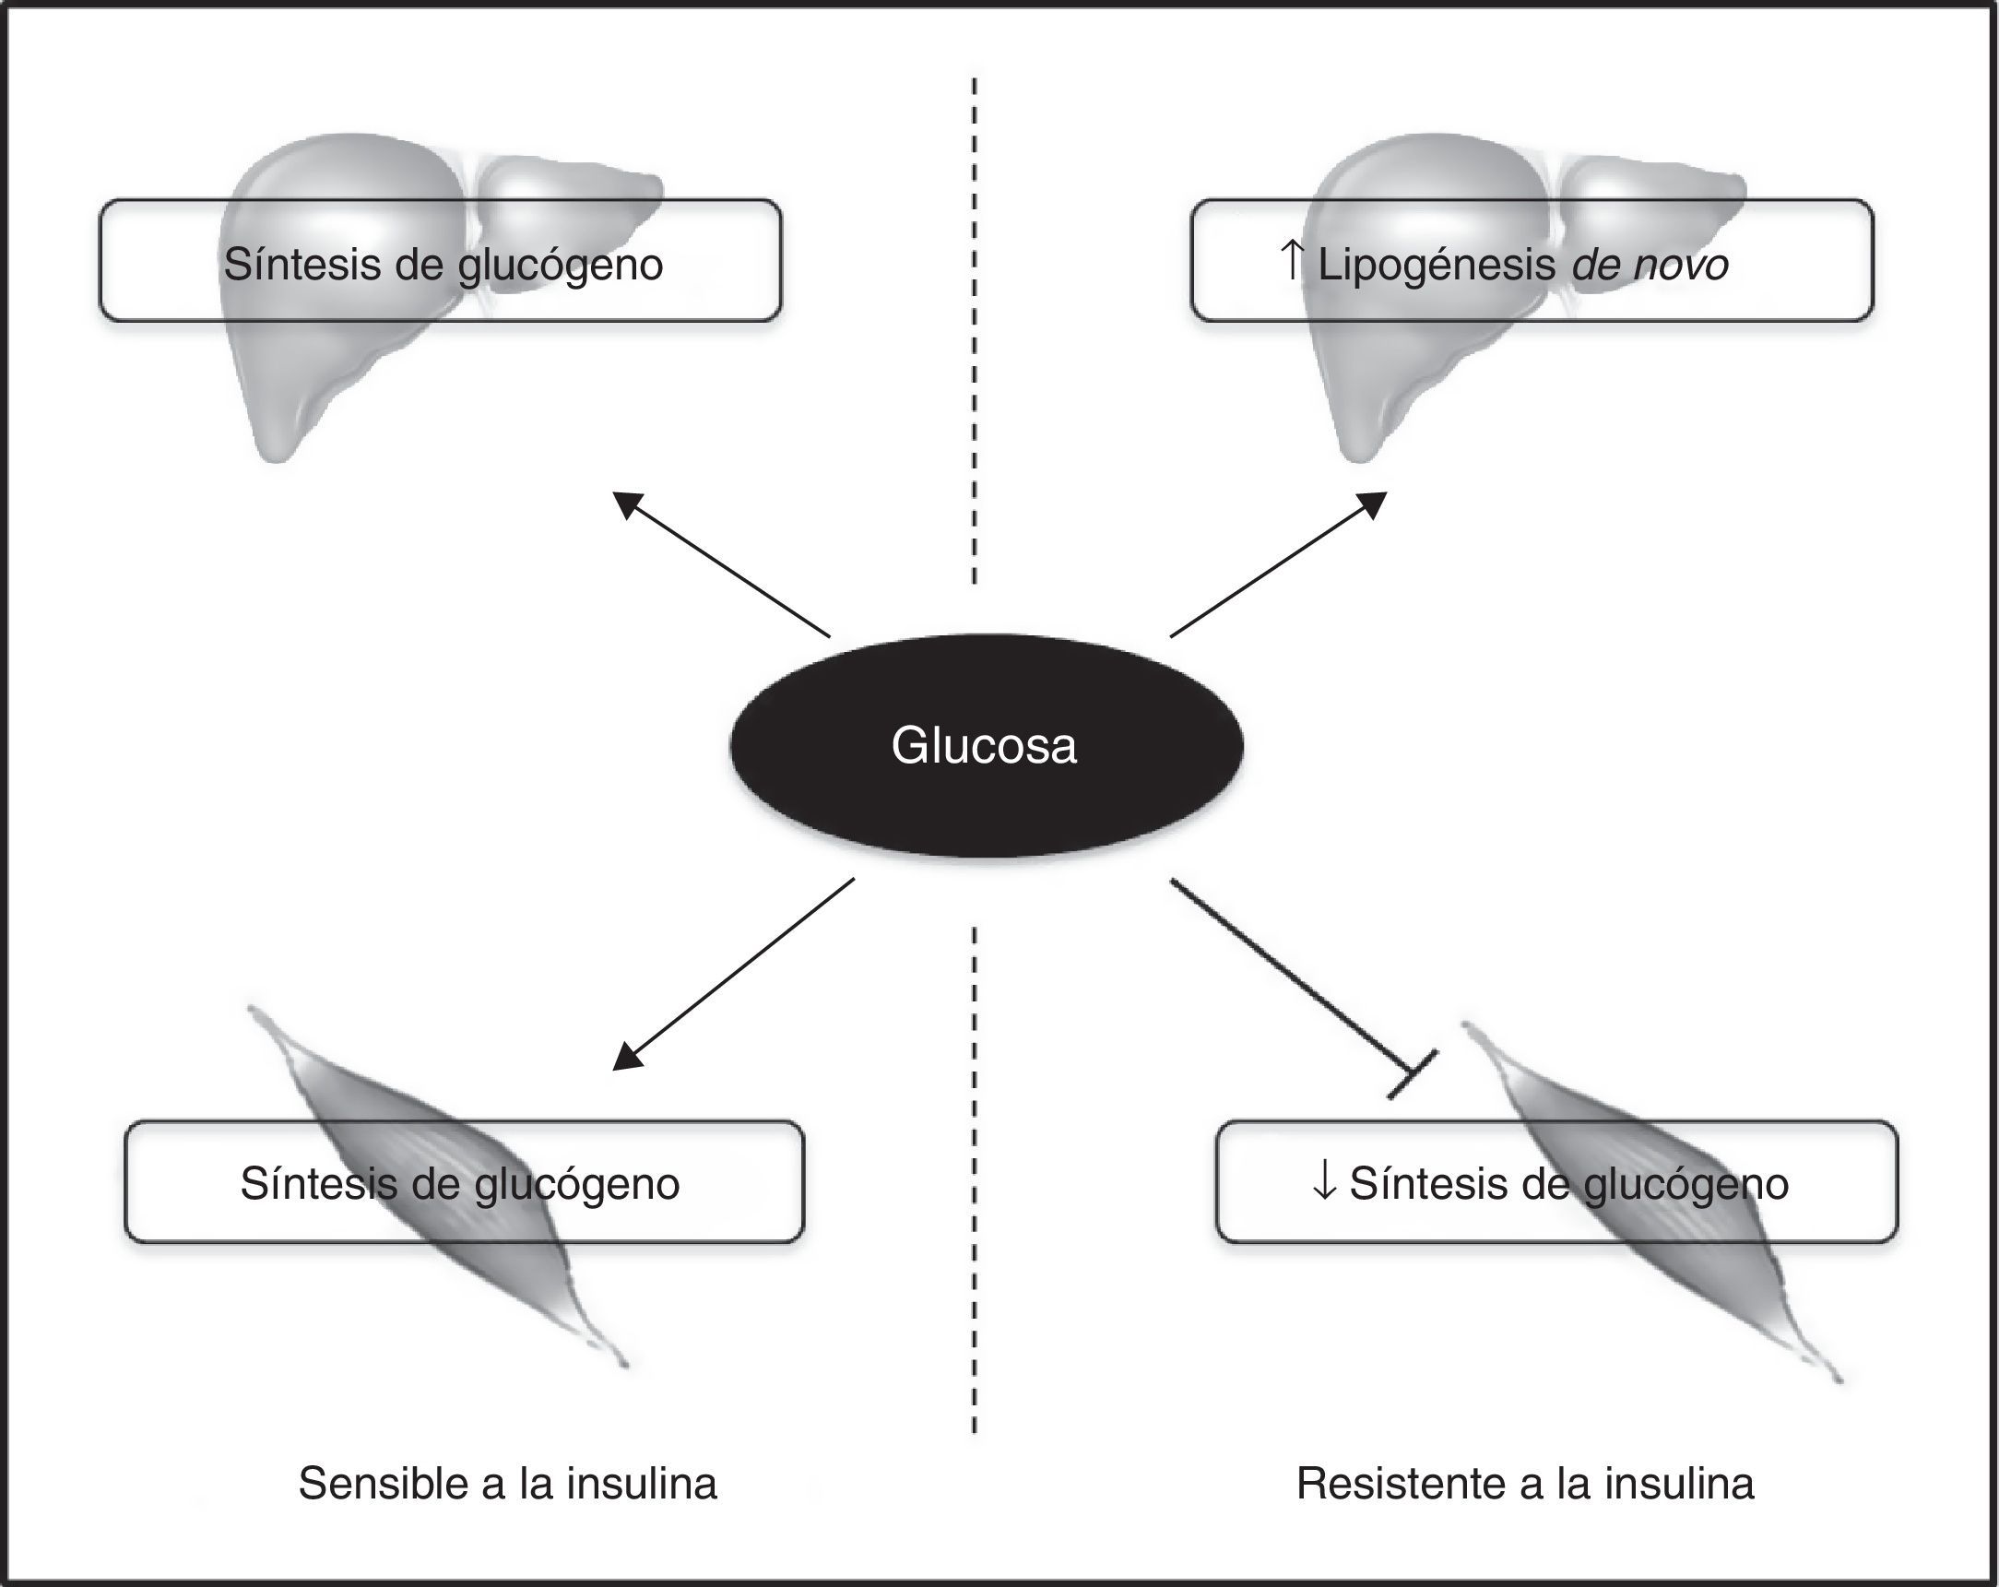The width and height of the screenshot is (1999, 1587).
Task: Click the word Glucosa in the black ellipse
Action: coord(984,746)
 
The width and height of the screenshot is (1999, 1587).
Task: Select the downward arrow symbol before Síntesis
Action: coord(1325,1182)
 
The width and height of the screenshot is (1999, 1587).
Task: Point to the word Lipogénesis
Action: coord(1437,266)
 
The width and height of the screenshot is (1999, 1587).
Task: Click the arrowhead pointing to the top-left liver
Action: coord(627,503)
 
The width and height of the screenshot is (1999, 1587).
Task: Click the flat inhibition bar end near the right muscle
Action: coord(1412,1074)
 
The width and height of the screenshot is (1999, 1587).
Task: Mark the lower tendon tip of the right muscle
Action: coord(1837,1380)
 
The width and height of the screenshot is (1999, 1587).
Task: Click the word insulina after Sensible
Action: coord(643,1483)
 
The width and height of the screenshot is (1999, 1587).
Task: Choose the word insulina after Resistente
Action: coord(1679,1483)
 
